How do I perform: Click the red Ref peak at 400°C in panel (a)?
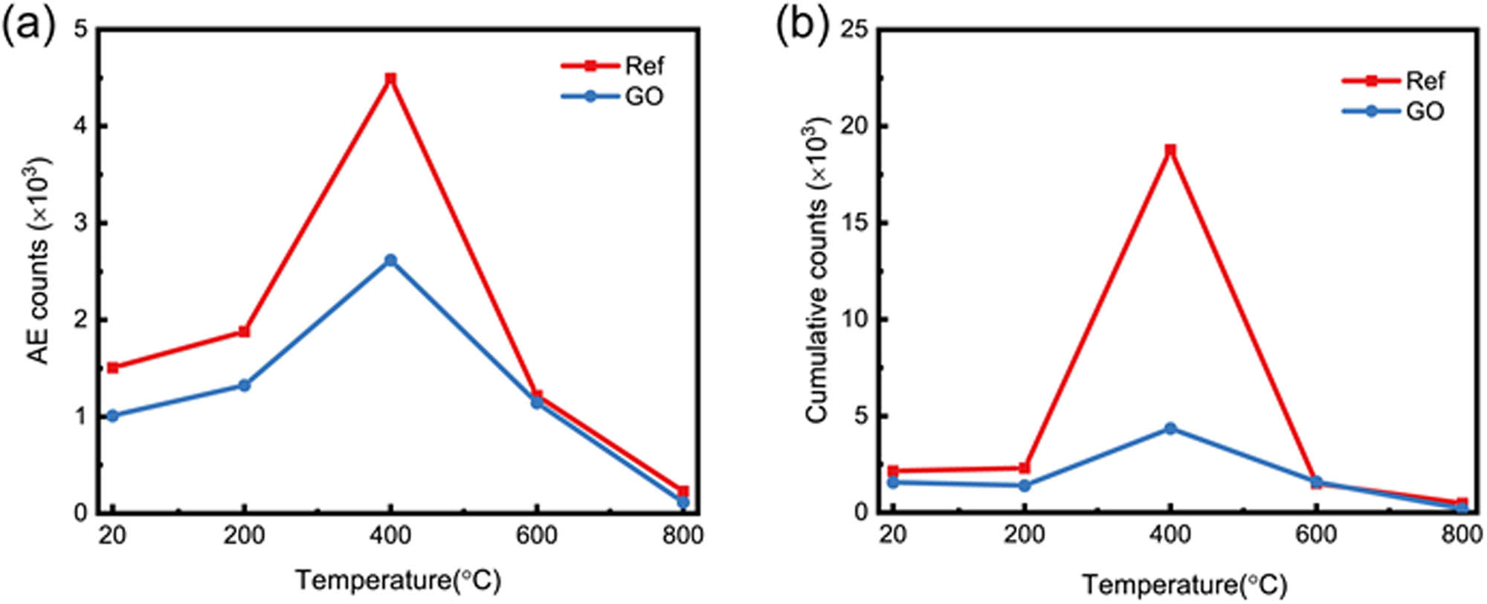tap(390, 78)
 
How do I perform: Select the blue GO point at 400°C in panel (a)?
tap(390, 260)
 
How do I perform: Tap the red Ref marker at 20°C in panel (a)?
tap(113, 367)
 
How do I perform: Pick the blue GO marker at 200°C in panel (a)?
tap(244, 385)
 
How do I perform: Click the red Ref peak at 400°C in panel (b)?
tap(1170, 150)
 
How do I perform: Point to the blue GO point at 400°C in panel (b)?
tap(1170, 428)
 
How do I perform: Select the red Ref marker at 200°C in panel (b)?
tap(1025, 468)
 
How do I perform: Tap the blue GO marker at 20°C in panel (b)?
tap(893, 482)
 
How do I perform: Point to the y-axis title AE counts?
tap(39, 260)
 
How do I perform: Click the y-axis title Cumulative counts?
tap(818, 272)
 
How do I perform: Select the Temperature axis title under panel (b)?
tap(1184, 585)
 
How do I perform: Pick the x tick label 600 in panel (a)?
tap(537, 536)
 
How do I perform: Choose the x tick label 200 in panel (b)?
tap(1025, 536)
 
